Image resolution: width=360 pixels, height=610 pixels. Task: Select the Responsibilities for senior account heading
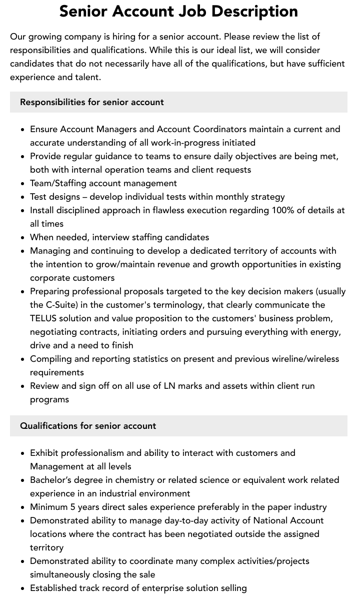92,102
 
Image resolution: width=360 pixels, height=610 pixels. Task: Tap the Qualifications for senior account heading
88,426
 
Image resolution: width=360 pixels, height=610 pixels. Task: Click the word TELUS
43,318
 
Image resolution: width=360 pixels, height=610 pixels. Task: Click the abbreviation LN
170,386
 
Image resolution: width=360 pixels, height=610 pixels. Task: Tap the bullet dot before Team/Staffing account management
22,184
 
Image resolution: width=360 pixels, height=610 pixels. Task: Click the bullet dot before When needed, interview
22,238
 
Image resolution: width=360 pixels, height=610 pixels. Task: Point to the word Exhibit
44,453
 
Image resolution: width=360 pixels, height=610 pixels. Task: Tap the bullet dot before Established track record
22,588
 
